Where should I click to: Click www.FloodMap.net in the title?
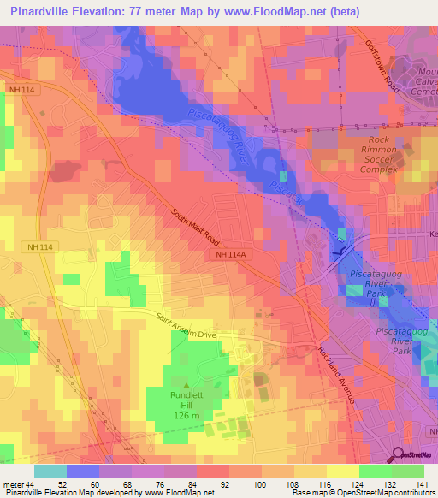270,12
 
